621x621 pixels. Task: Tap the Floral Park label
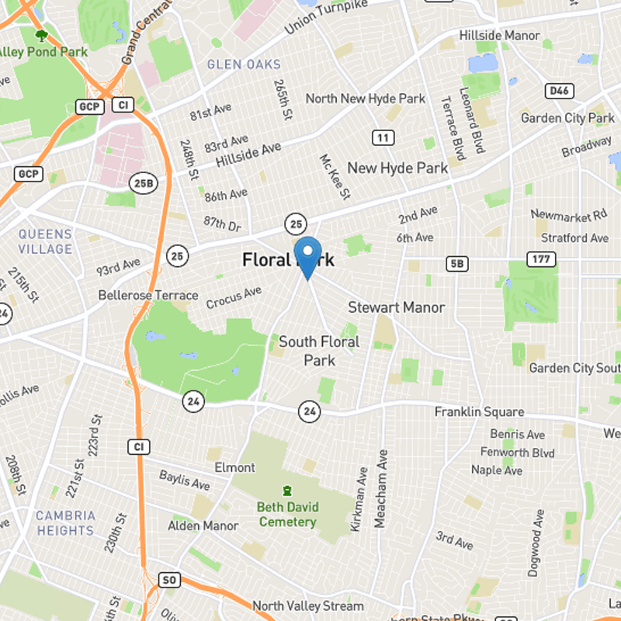[x=288, y=260]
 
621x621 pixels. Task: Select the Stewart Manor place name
[x=396, y=307]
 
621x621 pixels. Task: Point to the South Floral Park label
[x=319, y=351]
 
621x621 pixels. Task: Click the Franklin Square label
[x=479, y=412]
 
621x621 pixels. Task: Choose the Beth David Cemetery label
[x=287, y=515]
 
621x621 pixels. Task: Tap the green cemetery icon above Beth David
[x=288, y=491]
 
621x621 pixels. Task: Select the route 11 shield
[x=382, y=138]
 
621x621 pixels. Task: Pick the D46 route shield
[x=557, y=92]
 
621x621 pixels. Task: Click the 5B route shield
[x=458, y=264]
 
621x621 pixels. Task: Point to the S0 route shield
[x=169, y=580]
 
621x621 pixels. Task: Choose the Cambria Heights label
[x=65, y=522]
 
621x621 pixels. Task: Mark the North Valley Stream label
[x=307, y=605]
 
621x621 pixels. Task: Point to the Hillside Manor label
[x=499, y=36]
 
